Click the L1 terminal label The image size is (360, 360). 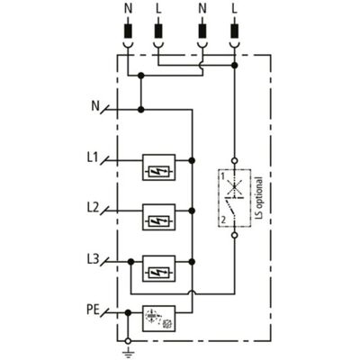[x=93, y=157]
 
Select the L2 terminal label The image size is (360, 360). [x=93, y=208]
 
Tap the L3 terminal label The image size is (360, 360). [x=93, y=259]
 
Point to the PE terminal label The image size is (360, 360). [x=93, y=310]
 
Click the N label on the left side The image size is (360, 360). [x=95, y=106]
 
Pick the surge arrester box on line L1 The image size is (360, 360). [x=158, y=167]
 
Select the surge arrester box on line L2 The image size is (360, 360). [x=158, y=217]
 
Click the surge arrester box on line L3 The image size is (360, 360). [x=158, y=268]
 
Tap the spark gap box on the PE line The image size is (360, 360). [x=158, y=319]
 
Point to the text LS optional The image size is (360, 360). [x=259, y=198]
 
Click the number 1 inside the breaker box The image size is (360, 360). [x=223, y=176]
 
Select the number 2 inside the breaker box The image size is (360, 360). [x=223, y=220]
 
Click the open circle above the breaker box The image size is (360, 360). [x=235, y=161]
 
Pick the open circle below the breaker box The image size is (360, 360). [x=235, y=235]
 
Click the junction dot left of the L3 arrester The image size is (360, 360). [x=130, y=262]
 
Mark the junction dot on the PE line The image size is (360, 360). [x=128, y=313]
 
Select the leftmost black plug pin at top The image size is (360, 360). [x=129, y=31]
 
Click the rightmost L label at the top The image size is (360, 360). [x=235, y=9]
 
